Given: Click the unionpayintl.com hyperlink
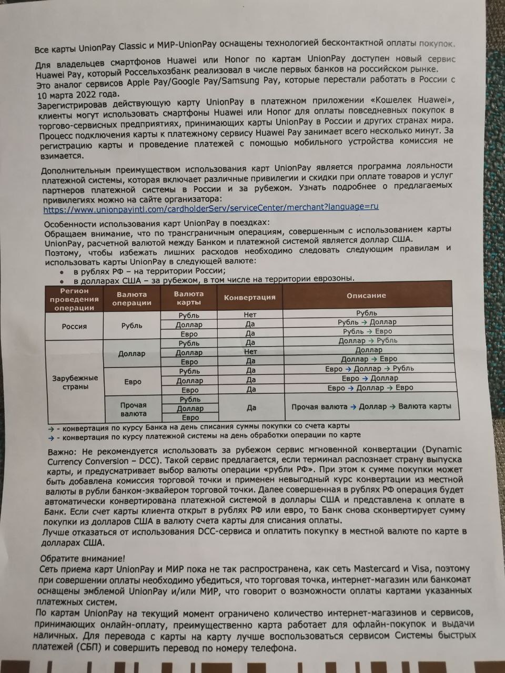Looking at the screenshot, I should (210, 207).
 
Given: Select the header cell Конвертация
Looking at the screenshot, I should (249, 297).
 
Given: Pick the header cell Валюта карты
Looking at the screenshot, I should (189, 298).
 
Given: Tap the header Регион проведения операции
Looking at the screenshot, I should (74, 299).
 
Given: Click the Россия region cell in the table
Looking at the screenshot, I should (74, 326).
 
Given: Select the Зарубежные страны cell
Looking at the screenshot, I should (74, 382).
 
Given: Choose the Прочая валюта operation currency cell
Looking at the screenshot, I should (133, 409).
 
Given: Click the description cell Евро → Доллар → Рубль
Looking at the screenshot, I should (369, 369).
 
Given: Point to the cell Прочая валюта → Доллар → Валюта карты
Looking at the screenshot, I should (371, 406).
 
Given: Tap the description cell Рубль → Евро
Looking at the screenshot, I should (367, 331).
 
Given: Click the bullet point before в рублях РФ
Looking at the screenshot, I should (62, 272).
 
